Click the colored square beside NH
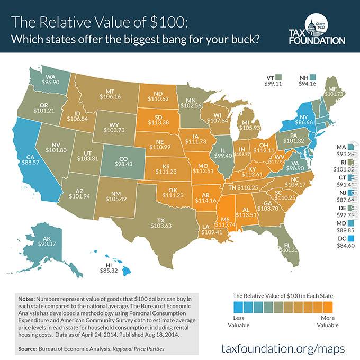(313, 76)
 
